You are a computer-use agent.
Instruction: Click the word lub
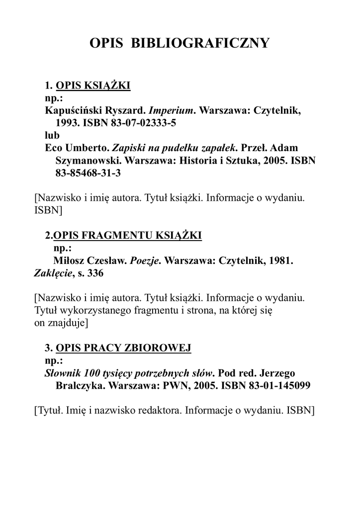[52, 135]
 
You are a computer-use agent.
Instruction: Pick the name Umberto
[87, 148]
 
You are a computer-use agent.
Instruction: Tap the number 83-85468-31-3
[85, 174]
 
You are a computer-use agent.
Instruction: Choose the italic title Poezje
[145, 260]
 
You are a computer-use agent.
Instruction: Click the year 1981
[279, 260]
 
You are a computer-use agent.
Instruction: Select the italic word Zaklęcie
[52, 273]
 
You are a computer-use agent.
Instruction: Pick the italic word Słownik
[63, 373]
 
